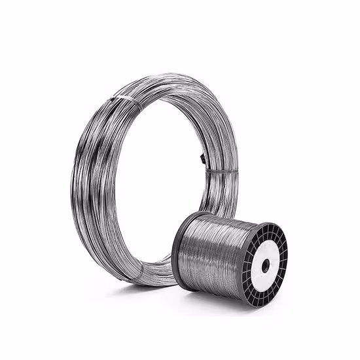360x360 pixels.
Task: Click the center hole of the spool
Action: pos(265,266)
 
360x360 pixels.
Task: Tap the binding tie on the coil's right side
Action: pos(221,171)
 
